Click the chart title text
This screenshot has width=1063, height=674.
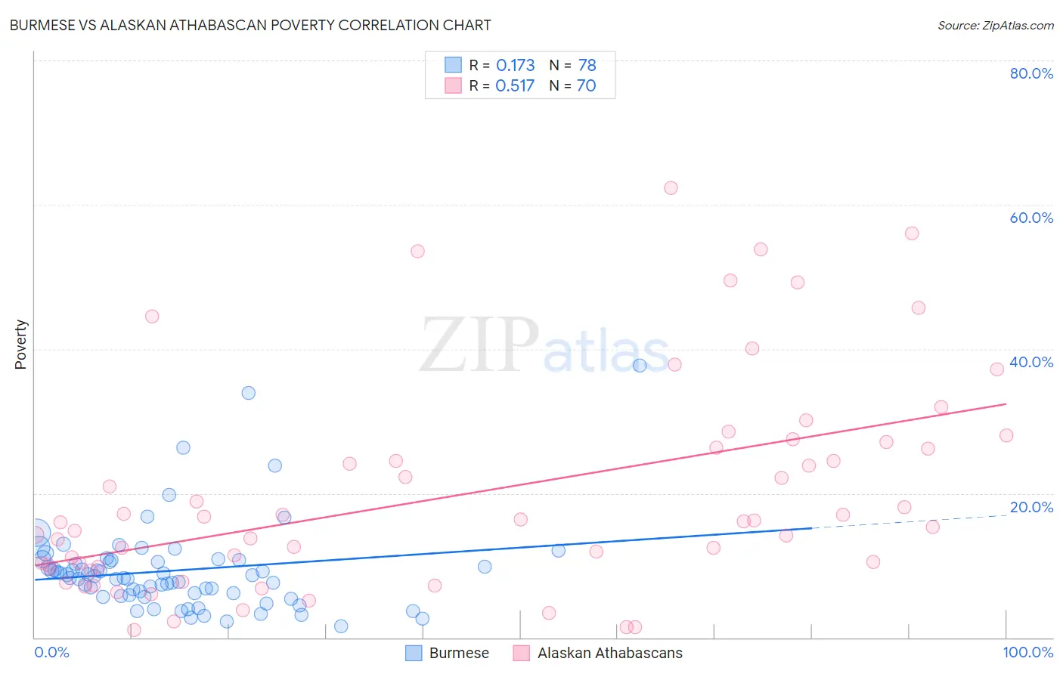point(250,25)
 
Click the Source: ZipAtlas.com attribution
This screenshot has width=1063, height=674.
point(995,25)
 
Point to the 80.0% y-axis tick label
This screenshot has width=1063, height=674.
point(1031,73)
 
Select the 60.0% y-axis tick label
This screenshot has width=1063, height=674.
point(1031,218)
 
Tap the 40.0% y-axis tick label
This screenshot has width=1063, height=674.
point(1031,362)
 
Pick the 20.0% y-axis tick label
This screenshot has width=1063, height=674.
point(1031,507)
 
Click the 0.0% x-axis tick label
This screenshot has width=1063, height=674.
point(51,652)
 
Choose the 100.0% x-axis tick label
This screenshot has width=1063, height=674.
point(1027,652)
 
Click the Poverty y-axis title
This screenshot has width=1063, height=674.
point(20,345)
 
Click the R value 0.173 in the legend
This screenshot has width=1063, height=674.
point(515,66)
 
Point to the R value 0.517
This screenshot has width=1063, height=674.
point(515,86)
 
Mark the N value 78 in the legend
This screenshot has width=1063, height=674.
point(587,66)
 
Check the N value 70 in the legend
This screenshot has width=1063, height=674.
point(586,86)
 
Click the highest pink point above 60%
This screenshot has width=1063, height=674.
point(671,188)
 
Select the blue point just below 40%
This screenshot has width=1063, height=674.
point(640,366)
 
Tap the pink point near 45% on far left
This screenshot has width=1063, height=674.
point(152,317)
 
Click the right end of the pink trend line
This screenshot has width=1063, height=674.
point(1006,404)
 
